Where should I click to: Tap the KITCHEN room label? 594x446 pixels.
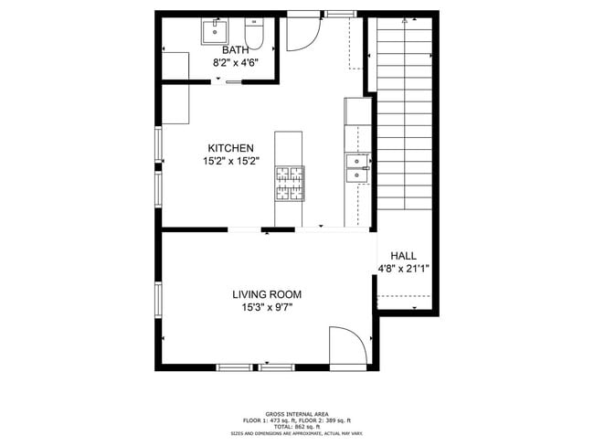230,148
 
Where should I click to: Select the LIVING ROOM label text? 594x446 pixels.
266,294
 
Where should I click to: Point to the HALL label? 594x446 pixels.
403,256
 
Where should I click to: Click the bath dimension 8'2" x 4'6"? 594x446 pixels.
236,63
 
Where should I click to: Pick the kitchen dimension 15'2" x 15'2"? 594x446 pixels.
230,161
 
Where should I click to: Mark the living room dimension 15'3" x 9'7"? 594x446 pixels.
266,307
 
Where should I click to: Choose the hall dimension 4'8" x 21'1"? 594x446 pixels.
403,269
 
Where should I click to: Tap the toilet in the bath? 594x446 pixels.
254,34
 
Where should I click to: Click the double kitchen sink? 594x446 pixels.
356,164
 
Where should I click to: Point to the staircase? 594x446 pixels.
405,114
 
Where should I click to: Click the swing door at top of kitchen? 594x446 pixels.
302,34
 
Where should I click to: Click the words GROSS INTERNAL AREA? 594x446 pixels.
296,414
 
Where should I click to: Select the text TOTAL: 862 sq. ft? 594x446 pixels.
296,427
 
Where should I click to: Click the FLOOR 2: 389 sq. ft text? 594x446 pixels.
327,420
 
